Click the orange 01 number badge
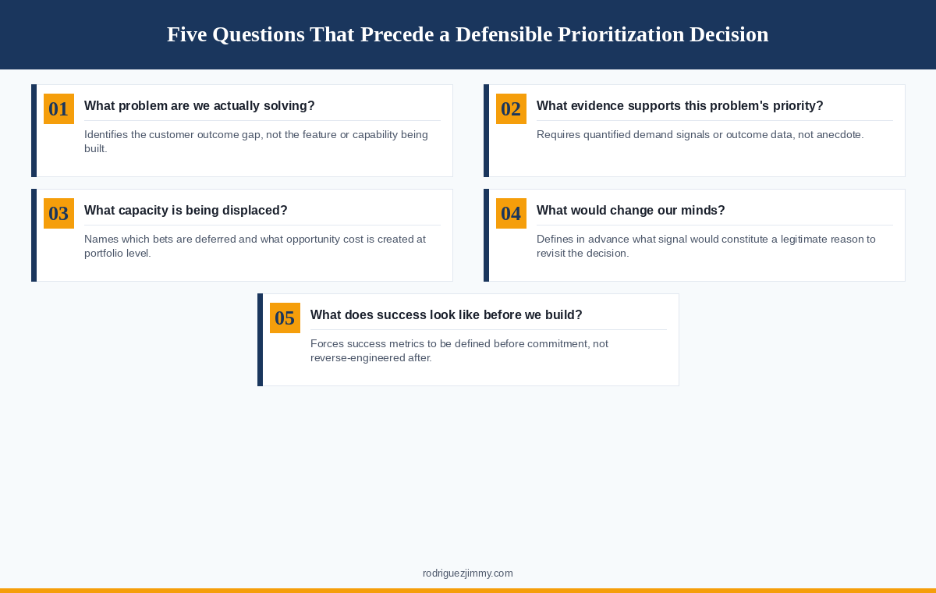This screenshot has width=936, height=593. [58, 109]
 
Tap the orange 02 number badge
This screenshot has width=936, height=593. [511, 109]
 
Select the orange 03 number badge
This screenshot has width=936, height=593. [58, 214]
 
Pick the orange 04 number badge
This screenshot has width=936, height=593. [511, 214]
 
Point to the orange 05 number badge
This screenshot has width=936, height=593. [285, 318]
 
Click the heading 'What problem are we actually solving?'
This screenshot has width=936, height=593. [199, 106]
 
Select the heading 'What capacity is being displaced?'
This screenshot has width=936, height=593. [186, 211]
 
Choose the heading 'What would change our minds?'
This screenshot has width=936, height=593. [630, 211]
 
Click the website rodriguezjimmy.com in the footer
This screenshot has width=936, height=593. [468, 573]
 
